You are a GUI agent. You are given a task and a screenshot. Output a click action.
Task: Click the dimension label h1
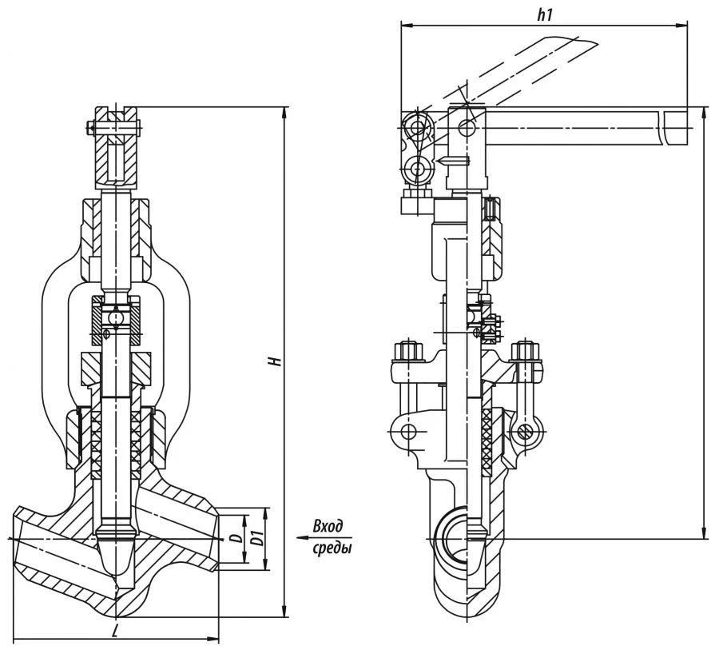(x=546, y=15)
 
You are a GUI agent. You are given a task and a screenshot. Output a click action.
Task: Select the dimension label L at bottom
(x=117, y=631)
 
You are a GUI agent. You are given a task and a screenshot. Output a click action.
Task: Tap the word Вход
(x=328, y=526)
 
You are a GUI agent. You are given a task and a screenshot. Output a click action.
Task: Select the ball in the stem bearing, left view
(x=117, y=318)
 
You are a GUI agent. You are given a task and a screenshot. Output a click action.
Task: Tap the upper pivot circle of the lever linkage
(x=415, y=128)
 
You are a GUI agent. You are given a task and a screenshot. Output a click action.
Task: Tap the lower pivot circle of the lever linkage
(x=415, y=169)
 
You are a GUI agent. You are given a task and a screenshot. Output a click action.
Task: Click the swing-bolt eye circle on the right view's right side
(x=526, y=433)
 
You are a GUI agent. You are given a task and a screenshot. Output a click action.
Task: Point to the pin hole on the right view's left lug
(x=409, y=433)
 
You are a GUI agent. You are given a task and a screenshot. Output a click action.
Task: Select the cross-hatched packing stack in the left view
(x=117, y=444)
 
